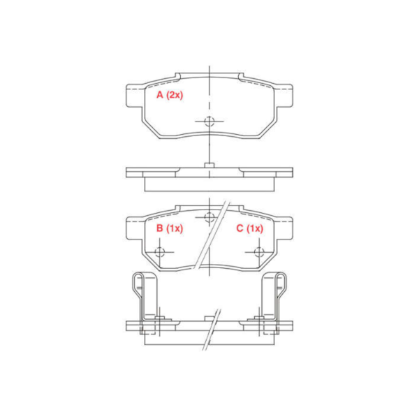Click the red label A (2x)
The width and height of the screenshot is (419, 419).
click(x=170, y=95)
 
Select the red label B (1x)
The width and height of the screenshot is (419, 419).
click(x=170, y=228)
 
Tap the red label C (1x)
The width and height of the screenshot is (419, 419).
click(x=249, y=228)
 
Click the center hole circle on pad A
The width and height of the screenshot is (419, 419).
click(x=209, y=121)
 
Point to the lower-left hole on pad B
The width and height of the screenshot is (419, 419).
click(x=159, y=251)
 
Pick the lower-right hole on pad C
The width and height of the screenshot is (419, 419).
click(x=259, y=251)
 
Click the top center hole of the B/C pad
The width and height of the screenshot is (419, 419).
click(x=209, y=217)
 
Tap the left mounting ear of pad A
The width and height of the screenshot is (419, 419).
click(x=135, y=96)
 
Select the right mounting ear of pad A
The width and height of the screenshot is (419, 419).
click(x=284, y=96)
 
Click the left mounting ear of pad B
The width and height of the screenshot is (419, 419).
click(x=135, y=228)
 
